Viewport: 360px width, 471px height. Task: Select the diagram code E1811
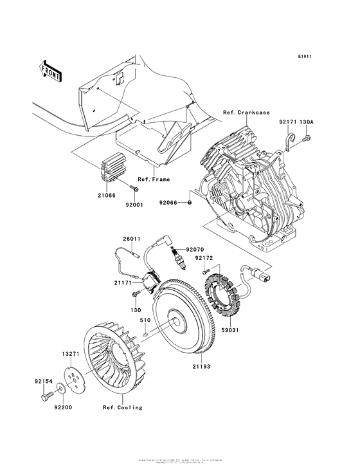click(x=305, y=57)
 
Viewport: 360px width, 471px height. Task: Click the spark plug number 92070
click(x=195, y=249)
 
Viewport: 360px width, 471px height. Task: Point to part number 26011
click(x=132, y=239)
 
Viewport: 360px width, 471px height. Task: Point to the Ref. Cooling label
click(x=123, y=407)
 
